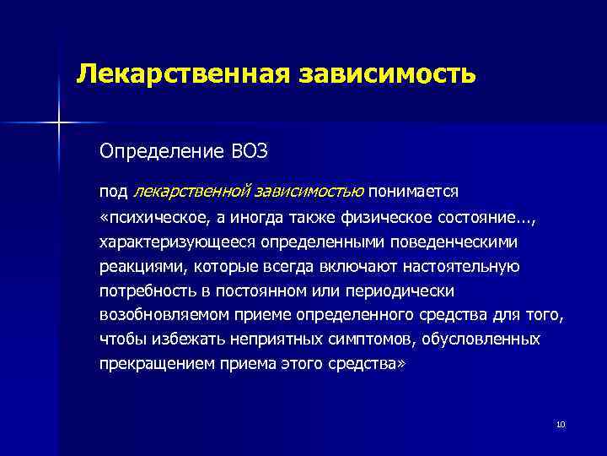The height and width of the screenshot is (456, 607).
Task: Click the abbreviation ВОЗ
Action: pos(250,151)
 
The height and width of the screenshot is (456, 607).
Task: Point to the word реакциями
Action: pos(142,267)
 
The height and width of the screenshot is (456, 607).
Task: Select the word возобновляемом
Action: pos(159,316)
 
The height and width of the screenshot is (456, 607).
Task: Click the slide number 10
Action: pos(560,423)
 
